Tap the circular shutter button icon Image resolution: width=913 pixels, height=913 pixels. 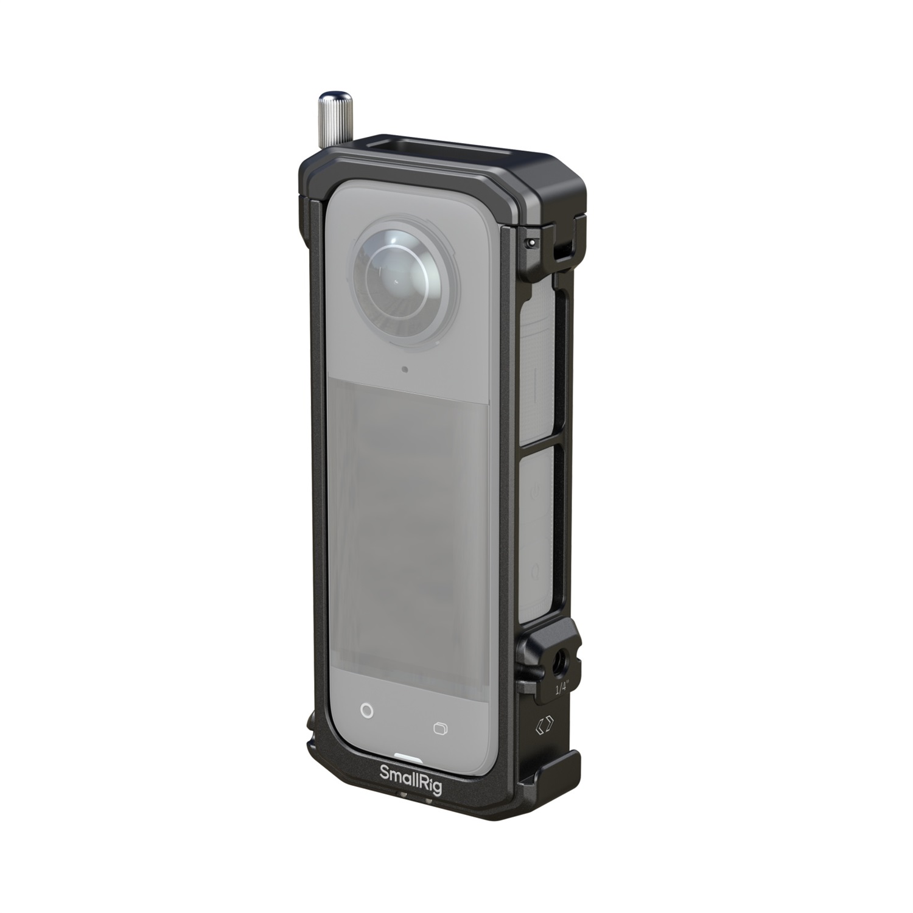[x=366, y=710]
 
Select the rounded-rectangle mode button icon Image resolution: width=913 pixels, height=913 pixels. [x=439, y=728]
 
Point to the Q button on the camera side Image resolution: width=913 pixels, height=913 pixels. [x=535, y=571]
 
